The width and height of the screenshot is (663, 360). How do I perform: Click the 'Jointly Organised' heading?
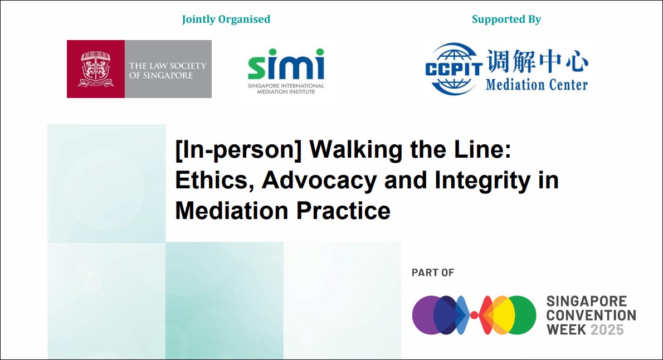(x=226, y=20)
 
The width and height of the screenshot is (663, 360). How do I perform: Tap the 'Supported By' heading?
(x=506, y=20)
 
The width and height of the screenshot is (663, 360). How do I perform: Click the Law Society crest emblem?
(x=96, y=69)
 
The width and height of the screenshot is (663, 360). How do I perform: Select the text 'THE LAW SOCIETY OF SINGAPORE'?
(x=168, y=70)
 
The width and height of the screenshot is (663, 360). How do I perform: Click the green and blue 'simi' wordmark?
(x=286, y=64)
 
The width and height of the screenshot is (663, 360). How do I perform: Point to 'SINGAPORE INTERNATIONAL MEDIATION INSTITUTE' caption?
(x=286, y=89)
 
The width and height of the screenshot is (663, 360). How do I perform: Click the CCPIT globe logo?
(x=454, y=69)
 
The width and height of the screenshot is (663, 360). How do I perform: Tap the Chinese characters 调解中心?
(x=537, y=61)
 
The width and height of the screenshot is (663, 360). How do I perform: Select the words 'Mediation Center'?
(x=537, y=85)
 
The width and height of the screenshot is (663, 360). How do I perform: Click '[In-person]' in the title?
(x=238, y=150)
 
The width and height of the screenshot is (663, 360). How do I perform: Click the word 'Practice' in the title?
(x=343, y=211)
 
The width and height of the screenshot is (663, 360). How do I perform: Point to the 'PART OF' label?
(x=433, y=273)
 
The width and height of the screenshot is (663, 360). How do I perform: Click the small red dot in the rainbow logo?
(x=475, y=315)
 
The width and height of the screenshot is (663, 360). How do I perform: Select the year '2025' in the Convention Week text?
(x=607, y=329)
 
